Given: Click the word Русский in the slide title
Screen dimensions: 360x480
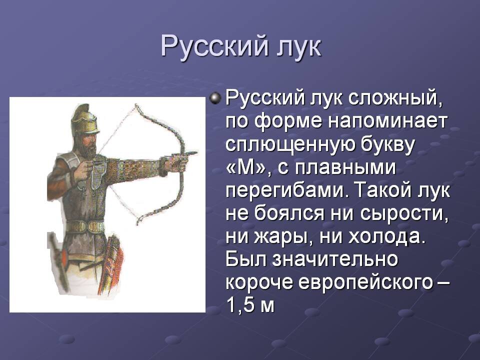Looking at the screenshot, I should click(x=213, y=47).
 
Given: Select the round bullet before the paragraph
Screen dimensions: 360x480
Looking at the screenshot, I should click(x=215, y=98).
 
